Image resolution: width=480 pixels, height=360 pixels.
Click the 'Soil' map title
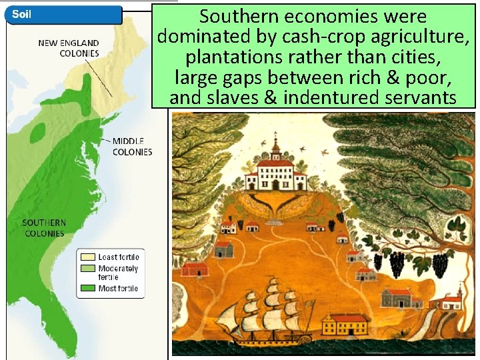20,14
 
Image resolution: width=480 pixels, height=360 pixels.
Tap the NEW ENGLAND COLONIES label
69,48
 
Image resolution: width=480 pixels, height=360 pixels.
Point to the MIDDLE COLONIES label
132,146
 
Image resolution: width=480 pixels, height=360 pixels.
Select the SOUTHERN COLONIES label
44,228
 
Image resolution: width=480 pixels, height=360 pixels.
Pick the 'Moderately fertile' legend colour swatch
87,269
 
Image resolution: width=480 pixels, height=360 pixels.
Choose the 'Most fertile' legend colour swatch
87,288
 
